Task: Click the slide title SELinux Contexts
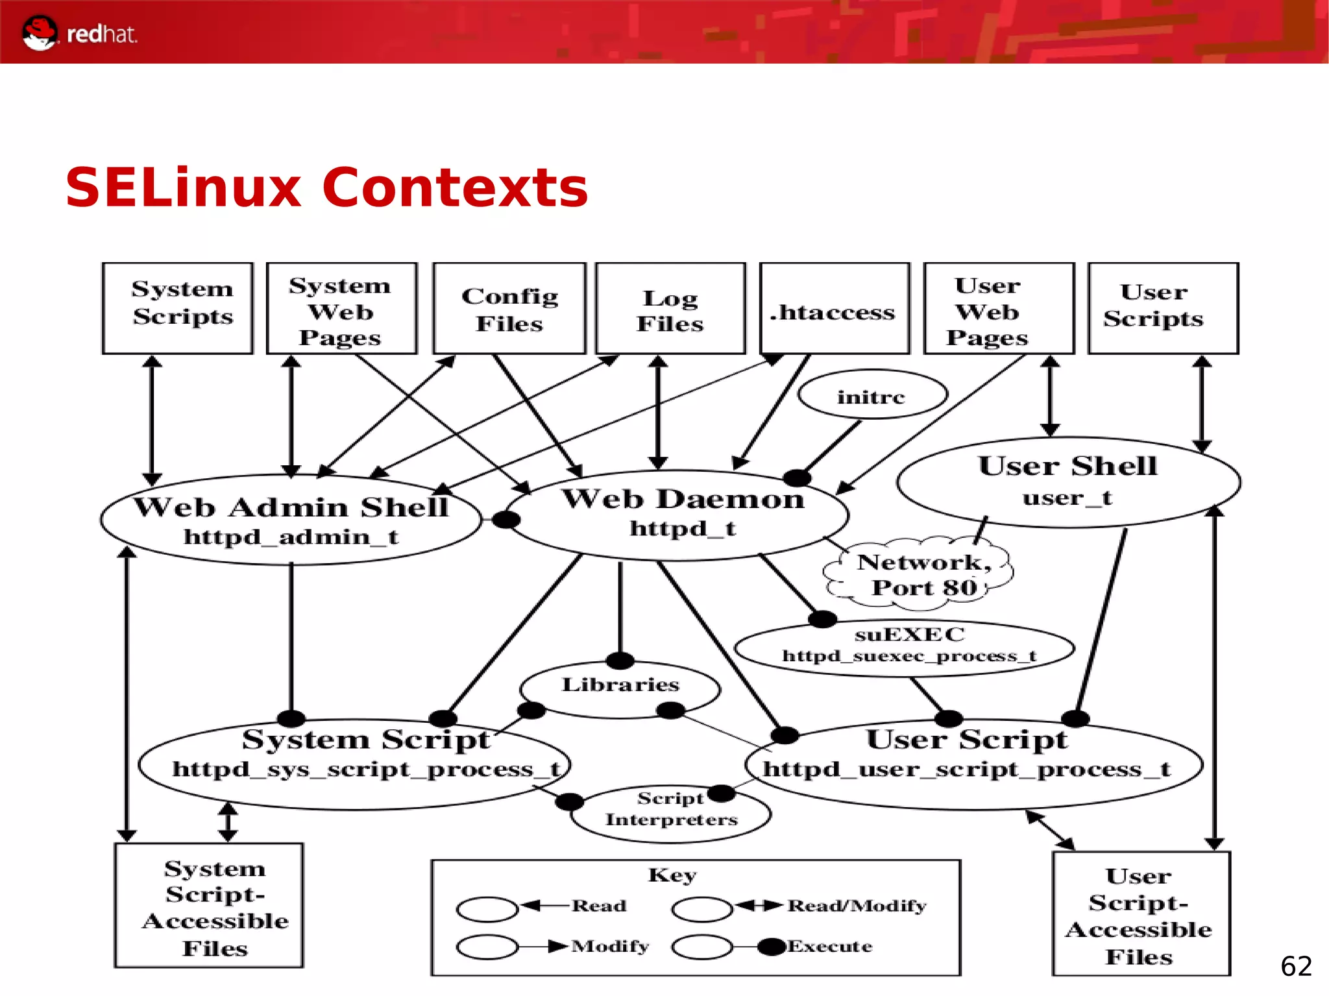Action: click(x=326, y=188)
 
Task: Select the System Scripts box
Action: click(x=177, y=308)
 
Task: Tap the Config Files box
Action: click(x=509, y=309)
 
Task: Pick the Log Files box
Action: click(x=670, y=309)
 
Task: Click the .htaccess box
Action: click(x=834, y=309)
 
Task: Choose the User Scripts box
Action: click(x=1162, y=308)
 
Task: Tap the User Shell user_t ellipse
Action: click(x=1068, y=481)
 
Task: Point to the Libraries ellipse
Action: click(x=620, y=688)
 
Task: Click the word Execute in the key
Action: click(x=831, y=947)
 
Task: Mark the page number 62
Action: click(x=1296, y=966)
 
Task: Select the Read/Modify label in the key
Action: click(x=857, y=906)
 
